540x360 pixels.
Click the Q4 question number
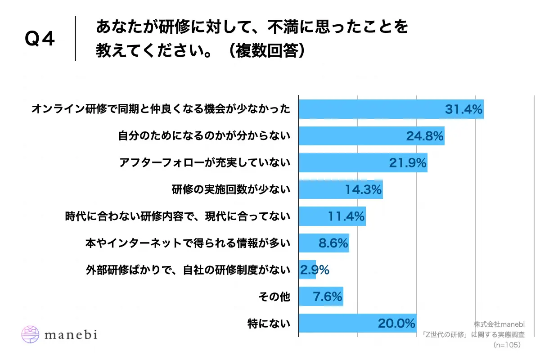(x=40, y=40)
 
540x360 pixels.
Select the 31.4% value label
(x=463, y=109)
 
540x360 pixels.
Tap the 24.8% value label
(x=425, y=136)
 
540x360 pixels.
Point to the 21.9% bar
(x=363, y=163)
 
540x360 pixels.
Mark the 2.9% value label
(x=315, y=270)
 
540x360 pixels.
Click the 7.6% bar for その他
(x=321, y=297)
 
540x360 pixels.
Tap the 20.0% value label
(x=396, y=324)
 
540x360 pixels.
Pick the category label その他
(x=274, y=297)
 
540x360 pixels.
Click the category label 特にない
(x=269, y=324)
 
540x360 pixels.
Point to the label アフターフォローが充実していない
(x=204, y=163)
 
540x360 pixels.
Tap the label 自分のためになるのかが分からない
(x=204, y=136)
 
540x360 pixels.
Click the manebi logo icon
(x=31, y=334)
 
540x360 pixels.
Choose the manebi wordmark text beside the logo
(x=71, y=335)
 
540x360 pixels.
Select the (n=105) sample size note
(x=507, y=345)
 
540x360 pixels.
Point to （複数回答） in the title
(x=265, y=51)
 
